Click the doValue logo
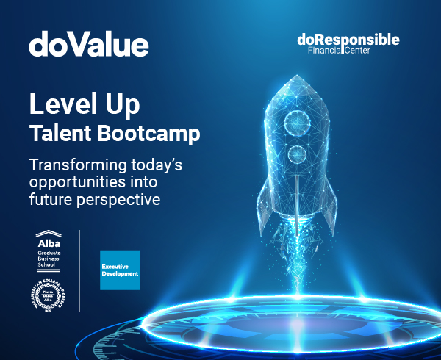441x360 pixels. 89,45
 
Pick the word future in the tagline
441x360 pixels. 52,199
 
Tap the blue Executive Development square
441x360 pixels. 119,270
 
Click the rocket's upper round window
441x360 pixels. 297,120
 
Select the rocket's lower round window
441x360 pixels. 297,154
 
